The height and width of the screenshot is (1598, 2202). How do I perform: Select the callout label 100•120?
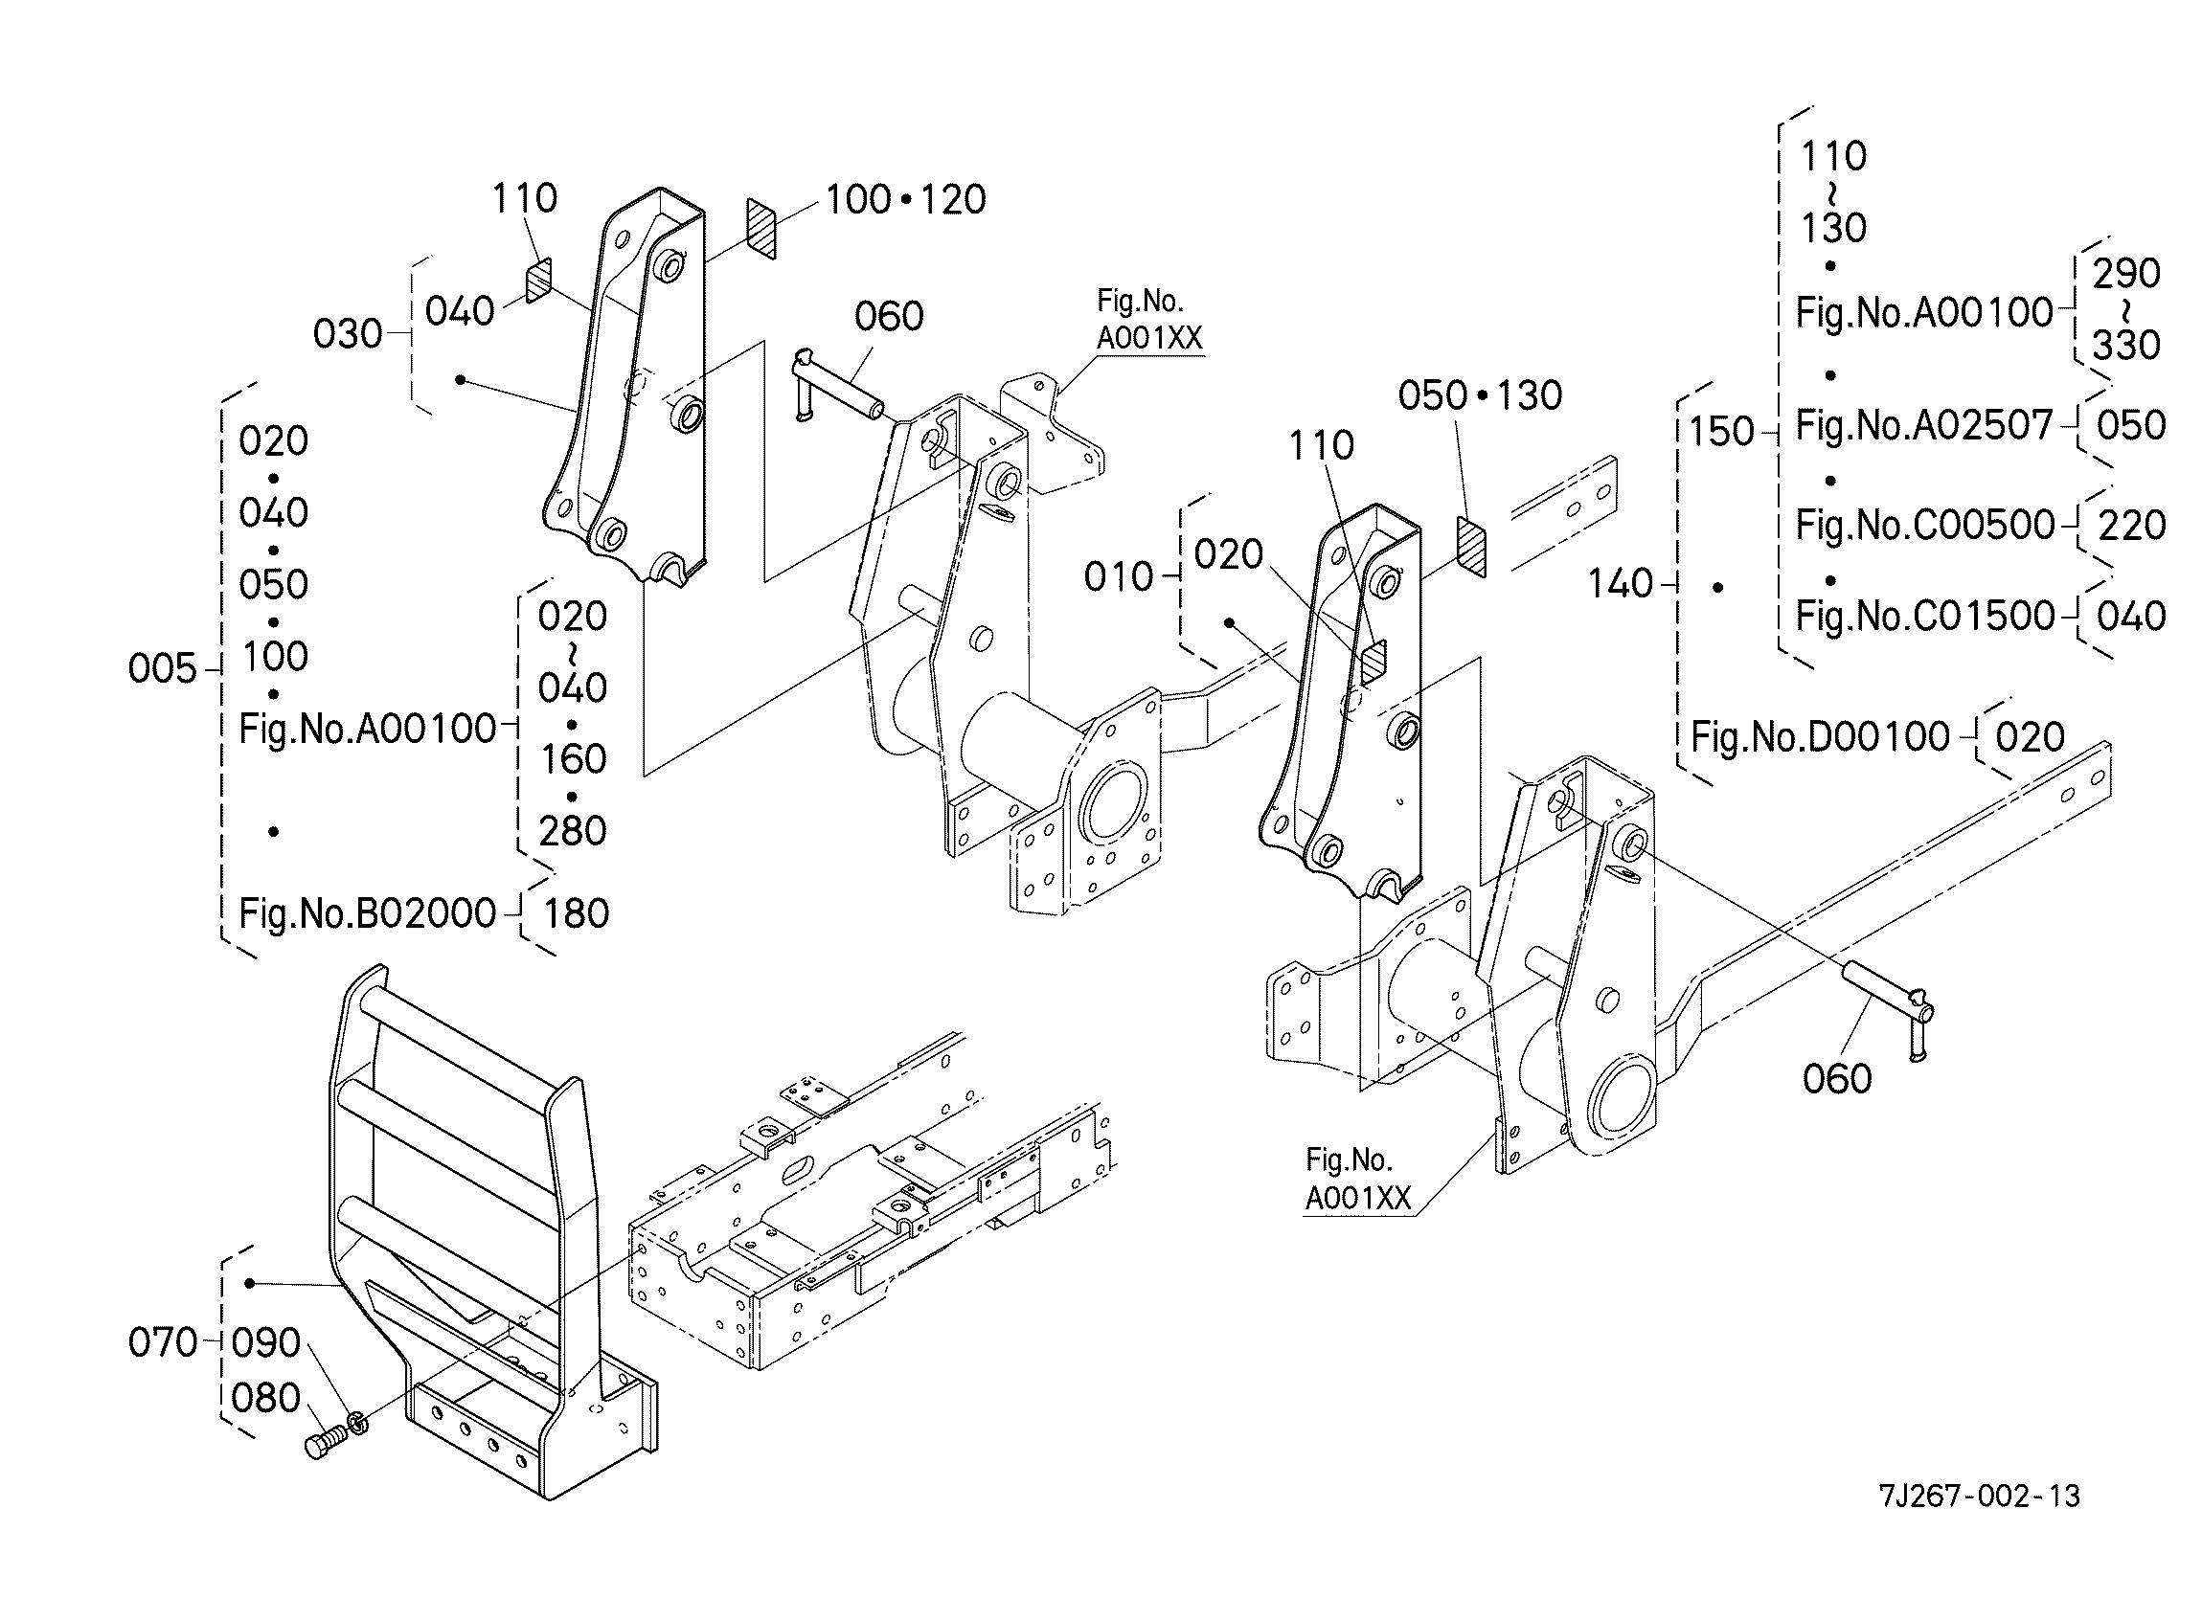(x=906, y=199)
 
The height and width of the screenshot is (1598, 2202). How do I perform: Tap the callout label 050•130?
(x=1481, y=395)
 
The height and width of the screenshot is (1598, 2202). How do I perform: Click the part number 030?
(x=348, y=334)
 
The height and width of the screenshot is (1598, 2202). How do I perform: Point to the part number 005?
(x=162, y=668)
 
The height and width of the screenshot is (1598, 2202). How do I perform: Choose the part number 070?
(x=162, y=1342)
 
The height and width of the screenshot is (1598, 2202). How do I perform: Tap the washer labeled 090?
(x=357, y=1423)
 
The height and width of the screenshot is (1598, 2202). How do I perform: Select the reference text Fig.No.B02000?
(x=368, y=913)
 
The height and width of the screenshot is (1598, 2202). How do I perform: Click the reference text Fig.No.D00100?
(x=1821, y=737)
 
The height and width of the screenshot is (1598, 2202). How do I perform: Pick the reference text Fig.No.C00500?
(x=1925, y=526)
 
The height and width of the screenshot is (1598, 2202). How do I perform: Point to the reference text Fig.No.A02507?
(x=1924, y=425)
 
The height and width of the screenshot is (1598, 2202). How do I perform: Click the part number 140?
(x=1621, y=583)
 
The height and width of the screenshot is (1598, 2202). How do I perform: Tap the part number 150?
(x=1721, y=432)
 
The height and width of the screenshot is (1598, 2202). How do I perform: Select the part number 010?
(x=1119, y=576)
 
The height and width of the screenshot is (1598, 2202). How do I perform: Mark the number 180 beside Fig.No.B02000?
(x=577, y=913)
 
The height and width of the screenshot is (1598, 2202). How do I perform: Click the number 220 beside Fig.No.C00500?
(x=2132, y=526)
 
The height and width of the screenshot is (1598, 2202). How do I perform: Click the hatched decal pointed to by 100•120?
(x=762, y=229)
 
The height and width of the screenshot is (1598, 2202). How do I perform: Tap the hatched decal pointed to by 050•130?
(x=1471, y=548)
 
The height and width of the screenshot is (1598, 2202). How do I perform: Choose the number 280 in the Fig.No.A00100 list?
(x=573, y=831)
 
